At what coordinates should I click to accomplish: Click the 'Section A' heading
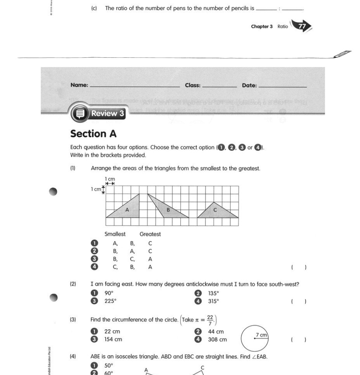tap(93, 134)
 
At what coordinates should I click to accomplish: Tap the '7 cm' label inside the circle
tap(261, 334)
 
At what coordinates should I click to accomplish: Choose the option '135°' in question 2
tap(213, 293)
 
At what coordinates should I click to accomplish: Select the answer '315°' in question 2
tap(213, 301)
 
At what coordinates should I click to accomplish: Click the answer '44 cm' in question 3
tap(216, 332)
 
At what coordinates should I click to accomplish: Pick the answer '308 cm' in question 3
tap(217, 340)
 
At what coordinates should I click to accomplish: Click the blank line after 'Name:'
tap(135, 86)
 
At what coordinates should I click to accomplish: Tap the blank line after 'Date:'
tap(283, 86)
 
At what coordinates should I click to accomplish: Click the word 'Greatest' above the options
tap(150, 234)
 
